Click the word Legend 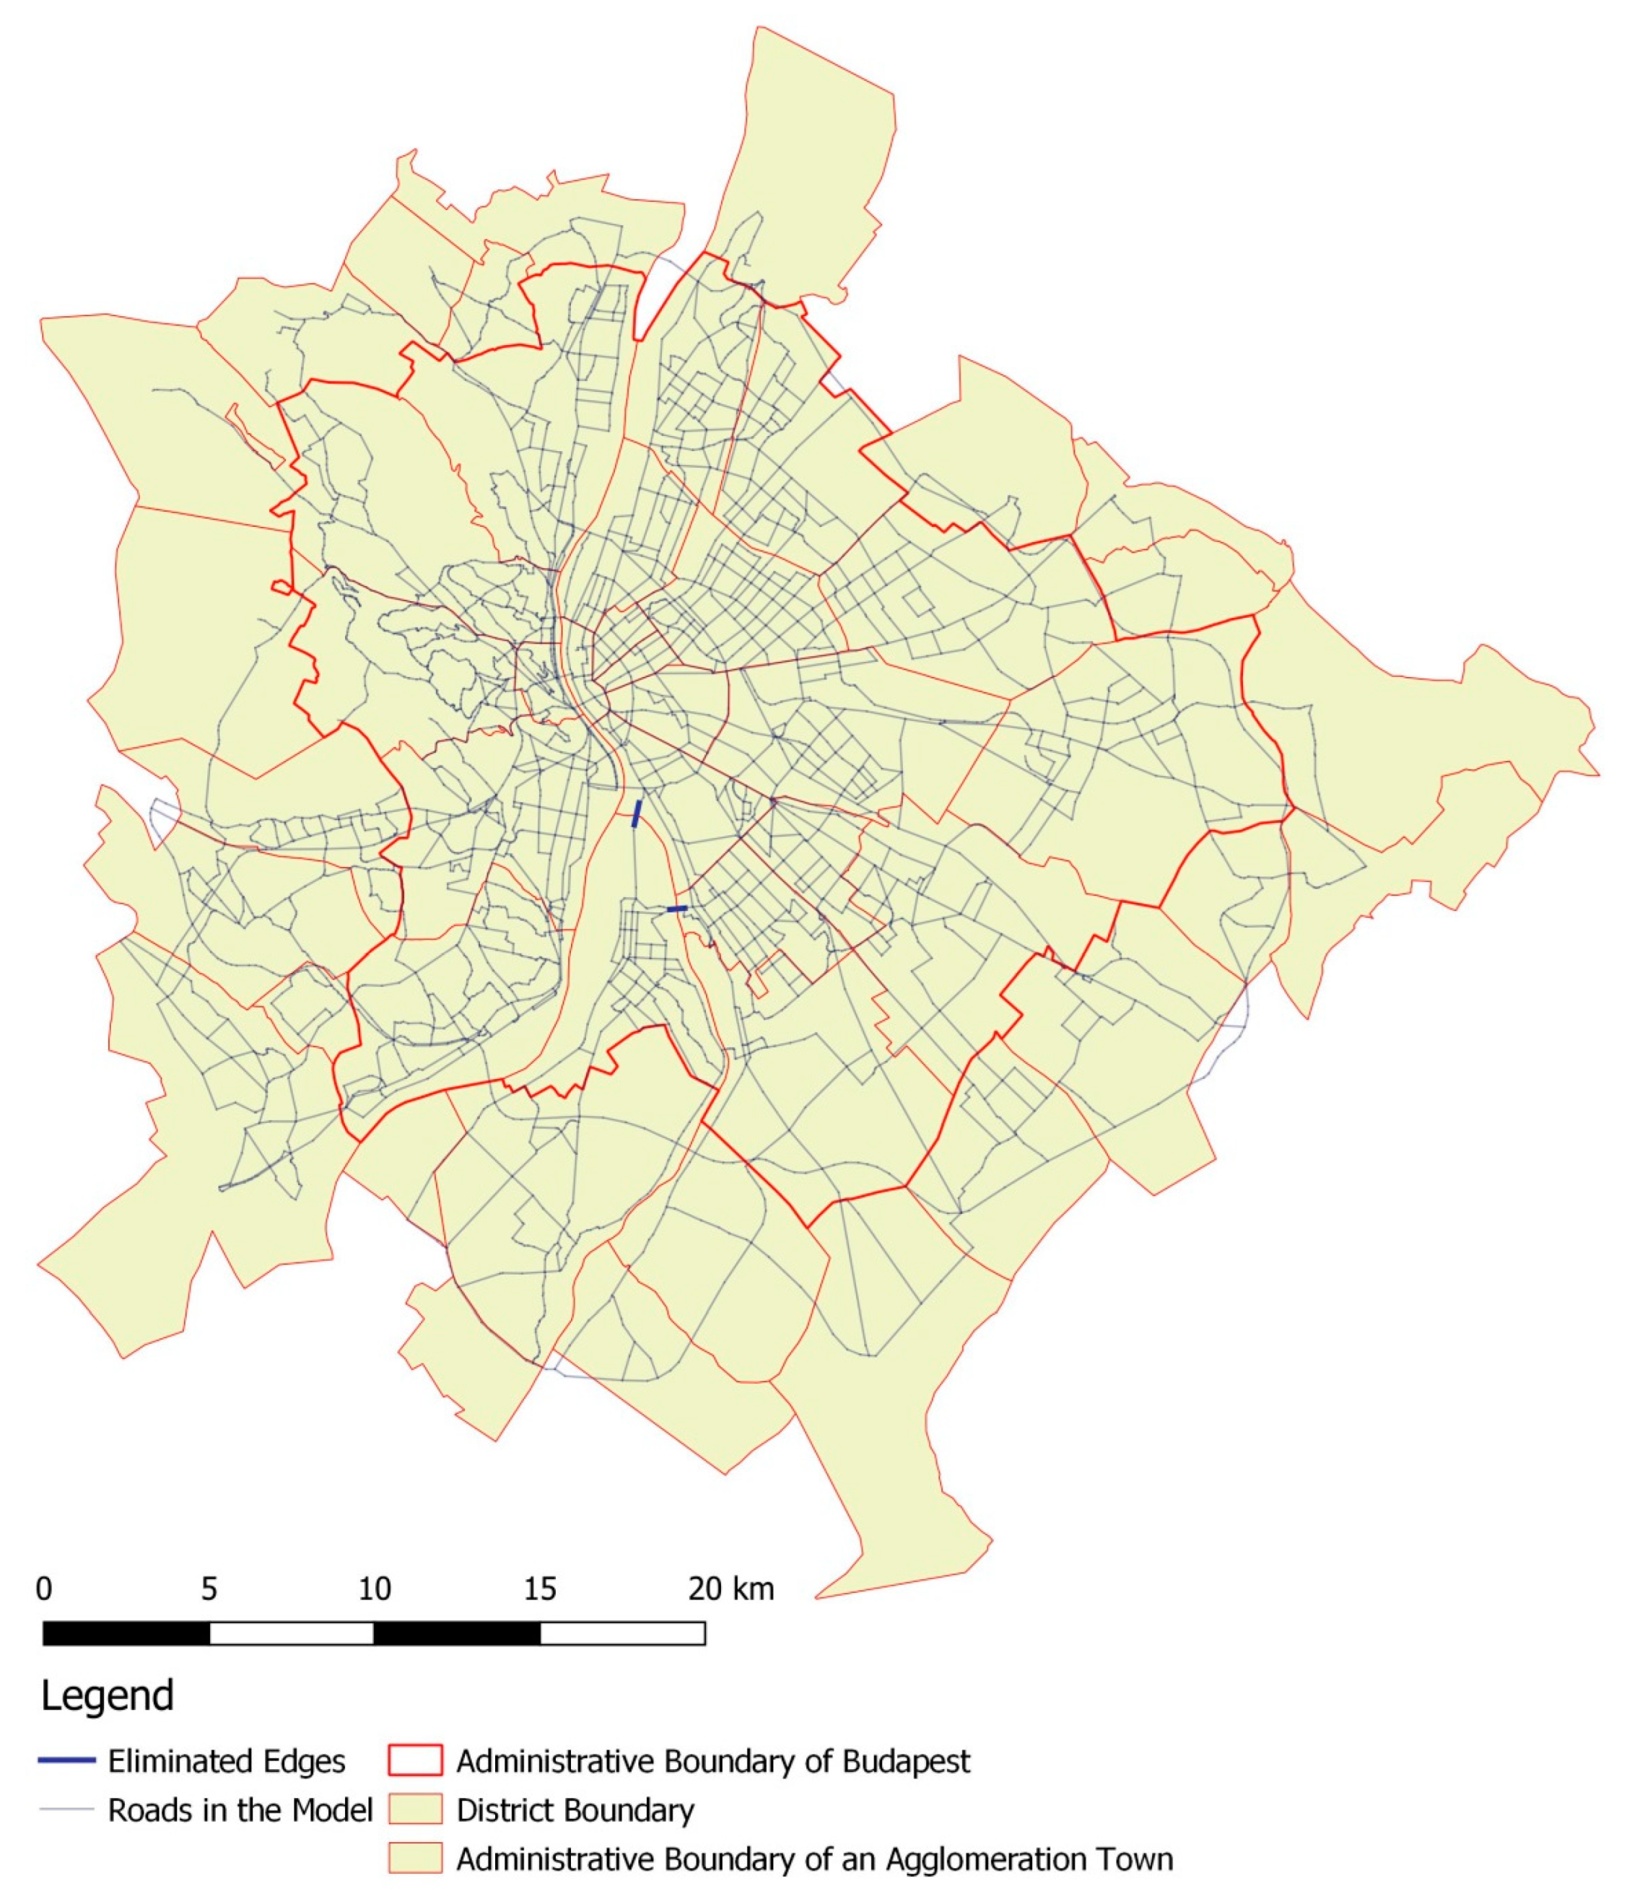tap(108, 1695)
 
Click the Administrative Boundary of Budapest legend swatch tap(414, 1760)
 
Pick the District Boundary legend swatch tap(414, 1810)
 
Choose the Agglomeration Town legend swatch tap(414, 1859)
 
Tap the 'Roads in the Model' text tap(240, 1810)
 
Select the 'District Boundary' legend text tap(575, 1810)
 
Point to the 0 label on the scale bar tap(44, 1589)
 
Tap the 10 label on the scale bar tap(374, 1589)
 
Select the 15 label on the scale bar tap(540, 1589)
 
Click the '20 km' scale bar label tap(730, 1589)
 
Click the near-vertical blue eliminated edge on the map tap(636, 814)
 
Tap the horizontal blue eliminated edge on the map tap(677, 908)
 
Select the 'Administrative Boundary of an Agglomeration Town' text tap(813, 1859)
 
